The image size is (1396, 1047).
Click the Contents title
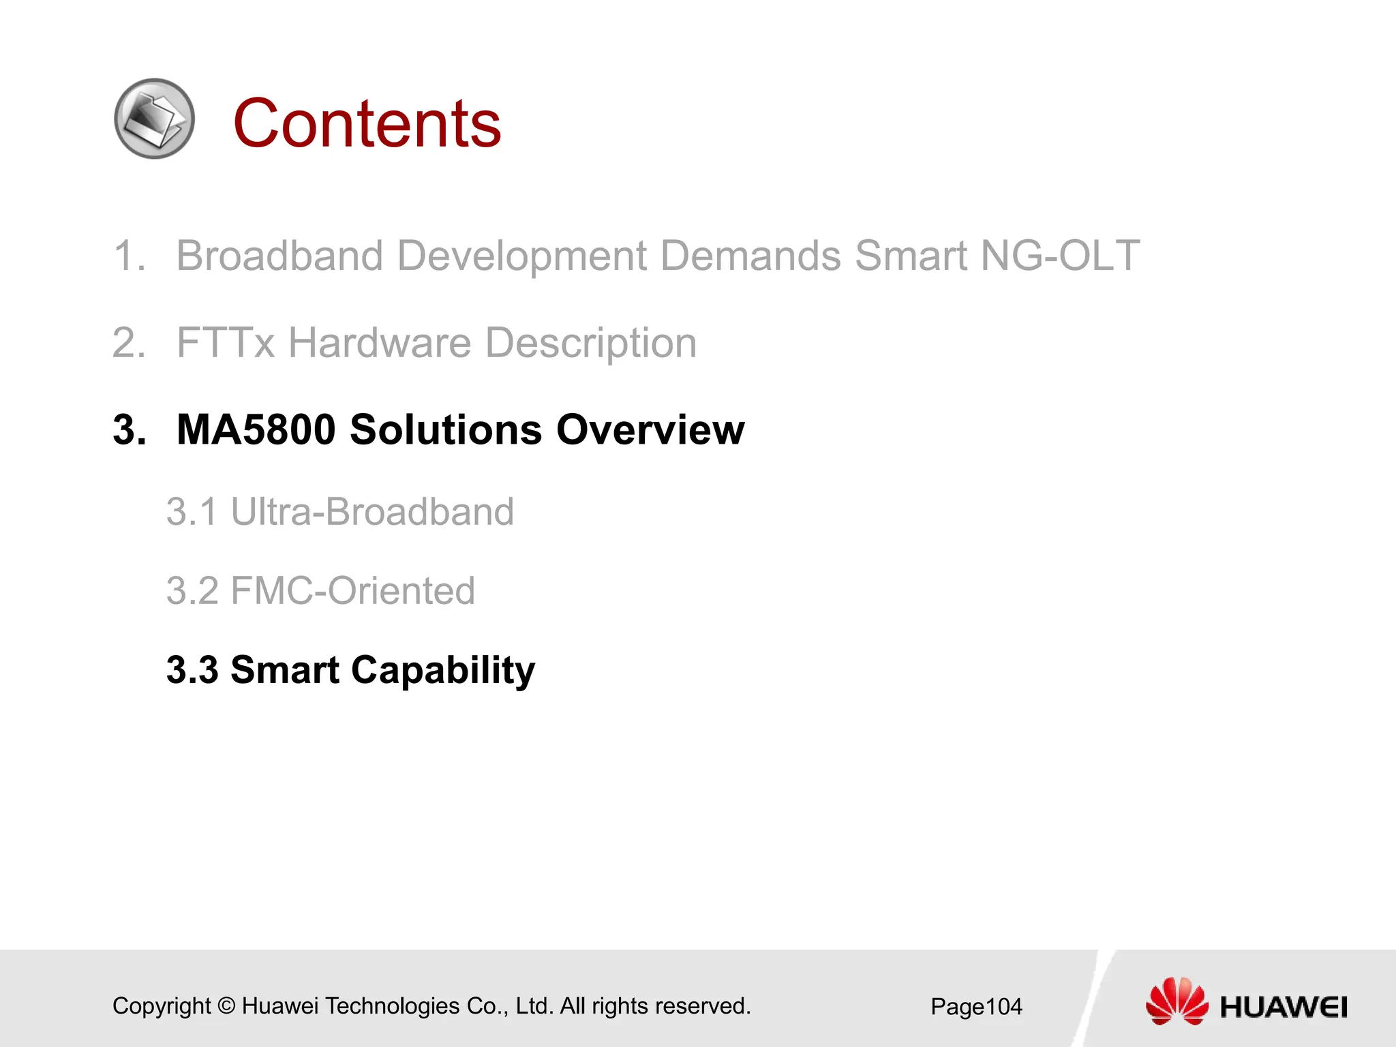tap(367, 123)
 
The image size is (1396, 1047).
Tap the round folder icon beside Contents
tap(155, 119)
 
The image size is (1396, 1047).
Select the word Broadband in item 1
tap(279, 256)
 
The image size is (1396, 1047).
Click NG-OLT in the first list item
tap(1059, 256)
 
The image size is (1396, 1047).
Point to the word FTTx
tap(226, 343)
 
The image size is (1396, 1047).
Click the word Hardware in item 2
tap(379, 343)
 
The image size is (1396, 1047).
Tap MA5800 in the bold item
tap(256, 430)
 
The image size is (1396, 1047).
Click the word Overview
tap(650, 430)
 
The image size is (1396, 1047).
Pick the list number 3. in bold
tap(130, 430)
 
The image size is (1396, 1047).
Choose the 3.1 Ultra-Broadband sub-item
tap(339, 512)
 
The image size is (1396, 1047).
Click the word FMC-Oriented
tap(352, 591)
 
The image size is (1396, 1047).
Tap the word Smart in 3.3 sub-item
tap(285, 670)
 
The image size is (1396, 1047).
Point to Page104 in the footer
tap(976, 1007)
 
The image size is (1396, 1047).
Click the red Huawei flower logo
tap(1177, 1001)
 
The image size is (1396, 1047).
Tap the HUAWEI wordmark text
tap(1284, 1007)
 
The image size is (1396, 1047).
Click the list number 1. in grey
tap(130, 256)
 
